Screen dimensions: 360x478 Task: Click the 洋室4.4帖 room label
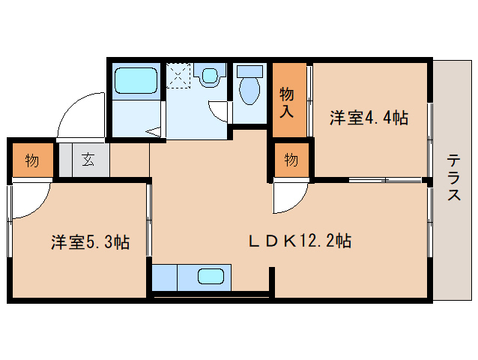coord(369,118)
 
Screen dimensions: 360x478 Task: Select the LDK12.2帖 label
coord(300,241)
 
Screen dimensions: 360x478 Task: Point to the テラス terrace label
coord(454,177)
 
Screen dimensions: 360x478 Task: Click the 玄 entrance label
coord(88,159)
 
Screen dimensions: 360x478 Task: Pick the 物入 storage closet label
coord(288,102)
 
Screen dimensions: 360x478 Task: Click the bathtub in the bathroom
coord(135,79)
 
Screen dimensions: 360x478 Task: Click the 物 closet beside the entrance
coord(32,160)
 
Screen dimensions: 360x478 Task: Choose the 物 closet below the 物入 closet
coord(291,159)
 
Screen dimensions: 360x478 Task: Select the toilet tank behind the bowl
coord(249,71)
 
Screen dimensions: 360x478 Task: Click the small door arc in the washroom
coord(220,111)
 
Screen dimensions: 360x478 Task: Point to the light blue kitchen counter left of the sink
coord(164,277)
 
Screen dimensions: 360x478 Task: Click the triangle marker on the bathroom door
coord(155,131)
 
